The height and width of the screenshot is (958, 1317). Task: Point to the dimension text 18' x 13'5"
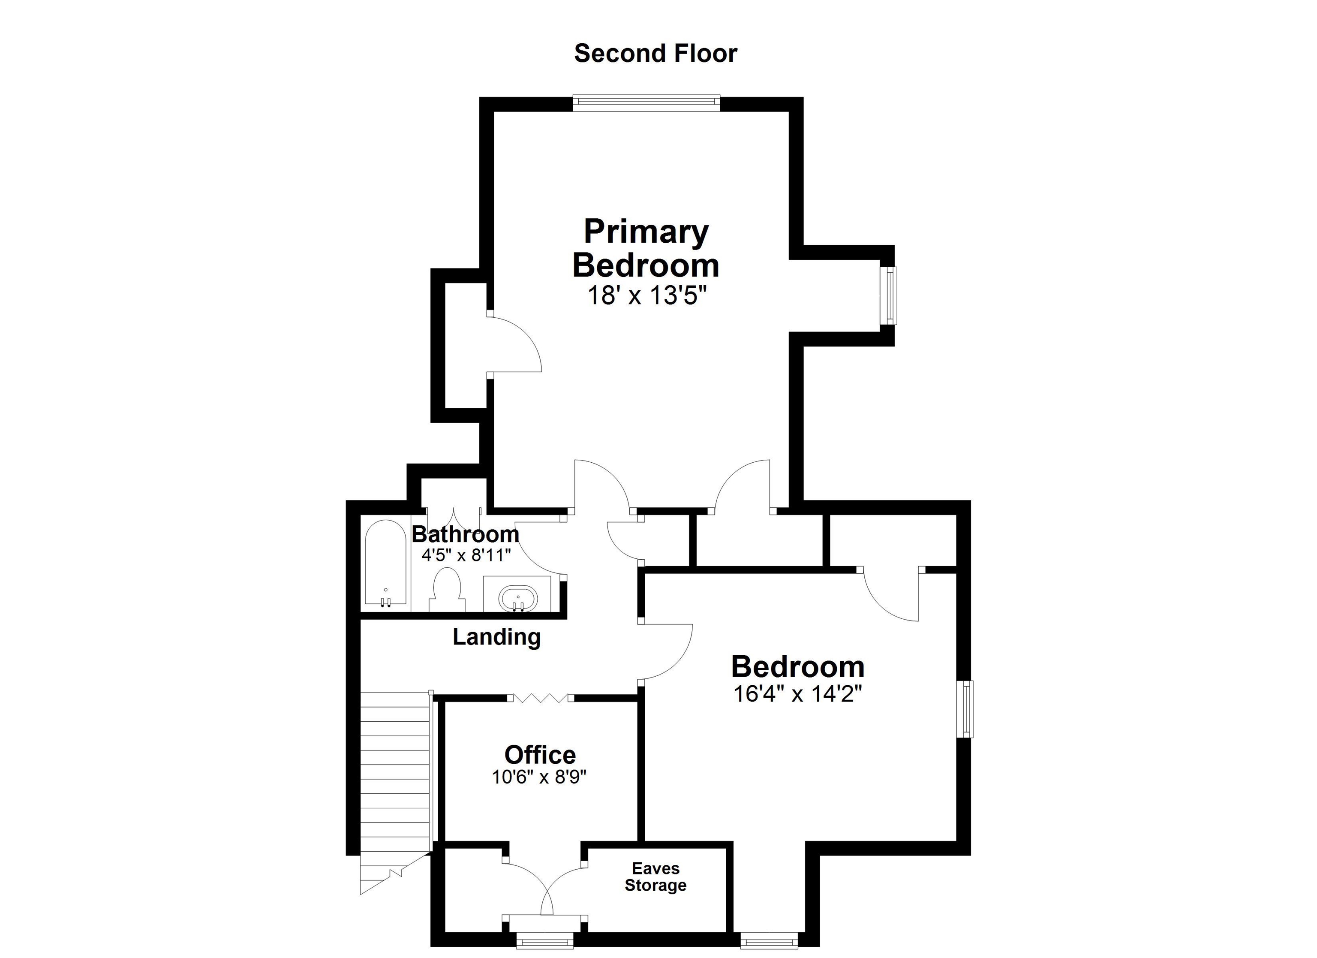[x=646, y=296]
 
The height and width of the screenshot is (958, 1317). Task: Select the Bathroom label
[x=465, y=533]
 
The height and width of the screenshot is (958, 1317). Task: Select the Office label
[x=540, y=755]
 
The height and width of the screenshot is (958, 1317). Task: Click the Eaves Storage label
[x=655, y=877]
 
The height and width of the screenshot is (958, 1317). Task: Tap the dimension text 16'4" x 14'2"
[x=798, y=694]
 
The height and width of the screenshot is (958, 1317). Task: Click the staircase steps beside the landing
[x=395, y=773]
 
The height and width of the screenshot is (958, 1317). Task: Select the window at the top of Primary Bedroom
[x=646, y=103]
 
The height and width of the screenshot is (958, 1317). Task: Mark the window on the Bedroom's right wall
[x=965, y=709]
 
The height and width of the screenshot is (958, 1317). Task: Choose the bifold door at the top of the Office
[x=540, y=698]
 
